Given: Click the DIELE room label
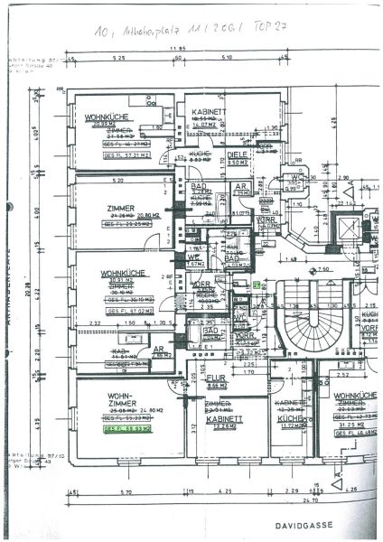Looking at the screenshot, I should tap(237, 154).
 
